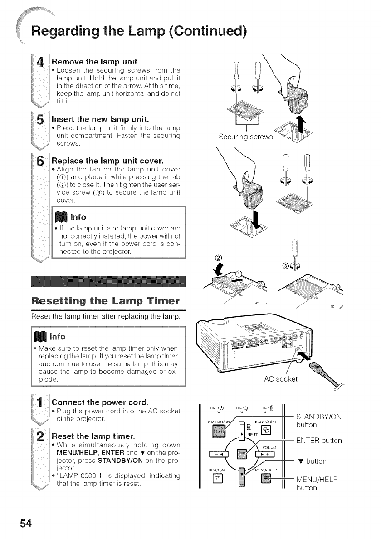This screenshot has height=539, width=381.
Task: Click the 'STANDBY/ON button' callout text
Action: coord(318,421)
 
